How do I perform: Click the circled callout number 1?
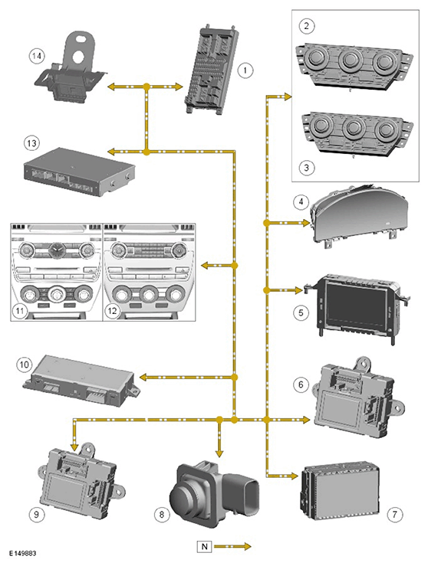245,70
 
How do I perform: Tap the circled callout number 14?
37,57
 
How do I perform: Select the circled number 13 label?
31,143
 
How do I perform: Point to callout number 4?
301,201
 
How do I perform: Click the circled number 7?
395,514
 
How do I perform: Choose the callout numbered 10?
24,365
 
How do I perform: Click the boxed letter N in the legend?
204,547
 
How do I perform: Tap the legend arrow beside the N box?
232,547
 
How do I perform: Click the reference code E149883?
22,553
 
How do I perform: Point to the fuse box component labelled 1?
212,70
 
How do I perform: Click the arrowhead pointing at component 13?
113,152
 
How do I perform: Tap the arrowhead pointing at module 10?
143,378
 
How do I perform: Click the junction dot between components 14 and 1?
147,87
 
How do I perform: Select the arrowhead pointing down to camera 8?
219,453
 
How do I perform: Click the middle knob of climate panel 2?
350,61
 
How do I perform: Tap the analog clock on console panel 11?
56,248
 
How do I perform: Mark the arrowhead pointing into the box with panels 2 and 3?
287,97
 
